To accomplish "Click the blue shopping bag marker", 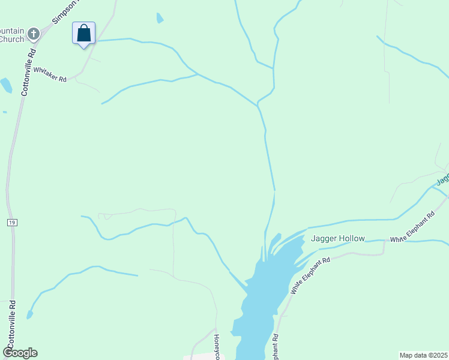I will coord(84,33).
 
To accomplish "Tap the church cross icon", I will coord(34,34).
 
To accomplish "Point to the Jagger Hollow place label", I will coord(337,238).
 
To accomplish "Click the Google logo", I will coord(20,353).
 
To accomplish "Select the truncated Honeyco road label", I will coord(217,347).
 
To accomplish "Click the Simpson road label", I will coord(65,11).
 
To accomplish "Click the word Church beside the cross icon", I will coord(11,40).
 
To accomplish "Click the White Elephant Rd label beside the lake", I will coord(310,275).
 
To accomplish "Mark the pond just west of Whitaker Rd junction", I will coord(6,85).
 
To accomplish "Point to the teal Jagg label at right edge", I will coord(443,179).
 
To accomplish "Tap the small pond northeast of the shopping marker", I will coord(160,18).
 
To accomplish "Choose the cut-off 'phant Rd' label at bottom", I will coord(276,347).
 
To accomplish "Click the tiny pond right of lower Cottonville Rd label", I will coord(29,314).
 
